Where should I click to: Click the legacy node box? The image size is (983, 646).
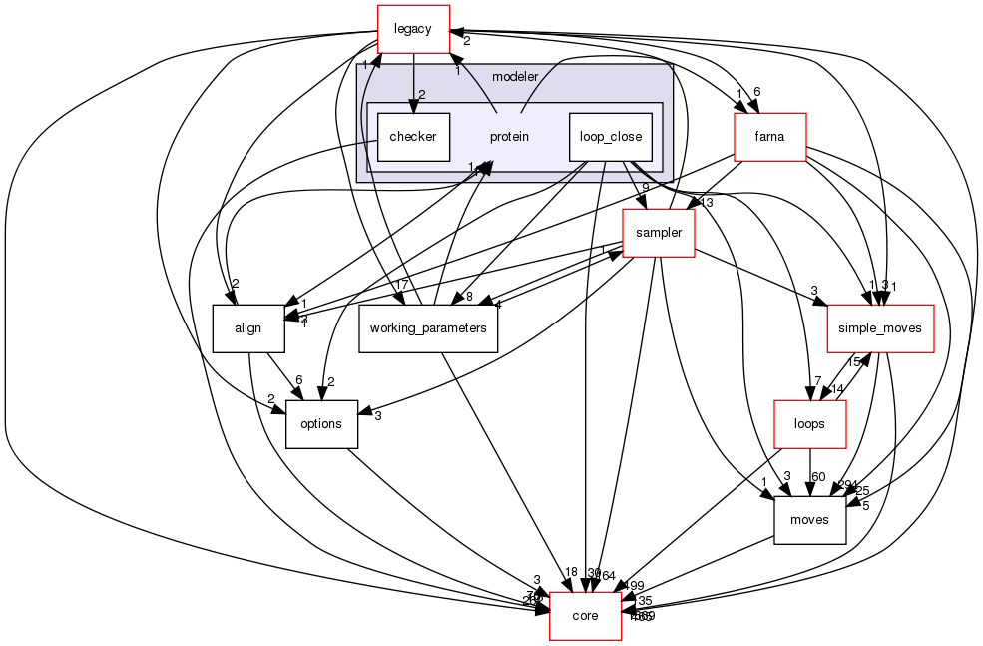click(x=413, y=29)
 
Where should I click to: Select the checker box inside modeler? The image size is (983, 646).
click(x=413, y=137)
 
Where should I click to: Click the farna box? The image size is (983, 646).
click(x=769, y=137)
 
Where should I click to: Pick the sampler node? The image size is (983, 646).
click(x=658, y=233)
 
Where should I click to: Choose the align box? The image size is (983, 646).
click(x=247, y=328)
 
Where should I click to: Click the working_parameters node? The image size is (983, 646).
click(x=428, y=328)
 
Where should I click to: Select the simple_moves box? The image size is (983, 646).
click(x=880, y=328)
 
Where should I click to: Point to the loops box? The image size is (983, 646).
click(x=809, y=424)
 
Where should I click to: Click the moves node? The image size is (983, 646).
click(x=809, y=520)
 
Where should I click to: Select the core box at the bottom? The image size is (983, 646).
click(x=585, y=616)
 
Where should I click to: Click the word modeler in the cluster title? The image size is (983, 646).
click(x=515, y=77)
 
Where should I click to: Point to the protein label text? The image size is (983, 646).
click(x=509, y=137)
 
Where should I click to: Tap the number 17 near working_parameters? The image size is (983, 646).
click(x=403, y=284)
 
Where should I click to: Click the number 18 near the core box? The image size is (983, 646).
click(x=571, y=572)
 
